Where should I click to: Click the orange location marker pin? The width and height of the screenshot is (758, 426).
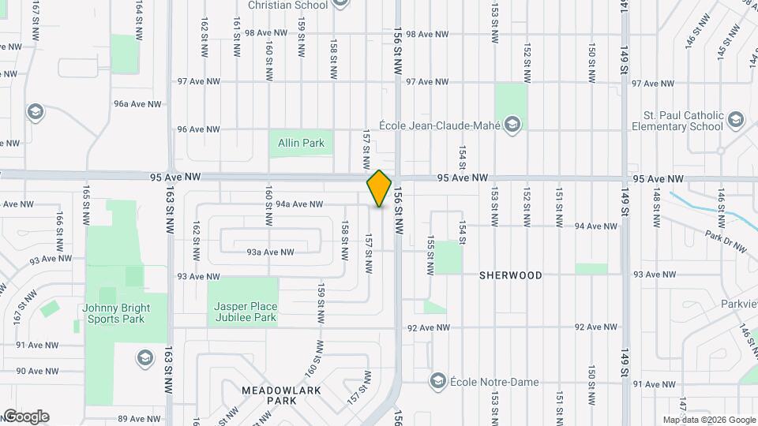click(x=380, y=188)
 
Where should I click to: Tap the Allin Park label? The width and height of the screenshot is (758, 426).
click(x=301, y=144)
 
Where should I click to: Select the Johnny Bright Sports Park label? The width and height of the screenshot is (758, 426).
click(x=112, y=313)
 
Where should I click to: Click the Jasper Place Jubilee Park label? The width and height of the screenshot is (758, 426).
click(x=246, y=312)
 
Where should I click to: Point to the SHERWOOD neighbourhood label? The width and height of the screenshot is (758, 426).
click(x=511, y=275)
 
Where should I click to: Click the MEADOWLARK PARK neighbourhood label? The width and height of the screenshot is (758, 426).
click(x=269, y=395)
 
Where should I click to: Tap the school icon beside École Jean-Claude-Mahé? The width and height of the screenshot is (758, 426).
click(x=512, y=124)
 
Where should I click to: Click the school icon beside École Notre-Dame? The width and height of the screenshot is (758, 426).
click(x=437, y=382)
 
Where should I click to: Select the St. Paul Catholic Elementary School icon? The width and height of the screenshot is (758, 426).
click(x=736, y=121)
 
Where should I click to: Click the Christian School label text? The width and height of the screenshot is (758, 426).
click(x=287, y=6)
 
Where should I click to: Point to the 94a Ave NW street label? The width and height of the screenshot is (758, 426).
click(x=299, y=204)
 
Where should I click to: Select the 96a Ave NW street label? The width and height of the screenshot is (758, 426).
click(x=137, y=104)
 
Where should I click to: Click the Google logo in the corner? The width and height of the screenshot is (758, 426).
click(x=25, y=417)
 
